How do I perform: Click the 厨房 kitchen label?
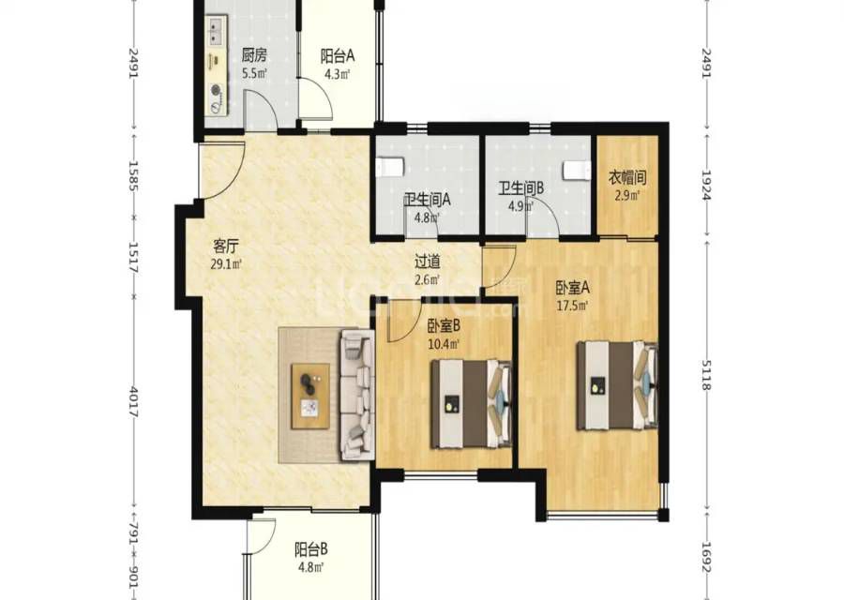[x=254, y=55]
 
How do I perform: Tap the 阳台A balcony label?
[x=338, y=56]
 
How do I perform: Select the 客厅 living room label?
[x=226, y=247]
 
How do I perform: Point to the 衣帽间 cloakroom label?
[x=627, y=177]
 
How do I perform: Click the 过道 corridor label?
[x=428, y=262]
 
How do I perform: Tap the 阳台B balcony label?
[x=311, y=550]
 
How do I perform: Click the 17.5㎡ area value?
[x=573, y=306]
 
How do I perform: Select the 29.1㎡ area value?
[x=226, y=264]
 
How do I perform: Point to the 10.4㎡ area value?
[x=444, y=343]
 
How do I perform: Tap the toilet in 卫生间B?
[x=576, y=170]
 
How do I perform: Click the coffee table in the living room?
[x=310, y=396]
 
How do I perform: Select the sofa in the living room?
[x=356, y=395]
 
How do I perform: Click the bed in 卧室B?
[x=471, y=404]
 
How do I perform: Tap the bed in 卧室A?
[x=617, y=385]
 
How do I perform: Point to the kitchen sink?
[x=217, y=30]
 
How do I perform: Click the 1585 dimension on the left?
[x=133, y=176]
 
